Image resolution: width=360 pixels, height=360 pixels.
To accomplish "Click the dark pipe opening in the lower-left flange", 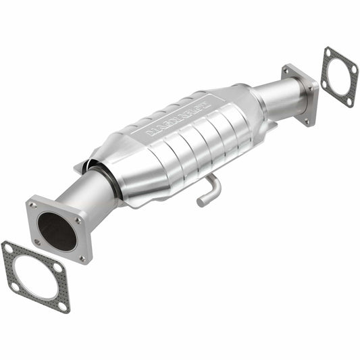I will (x=57, y=231).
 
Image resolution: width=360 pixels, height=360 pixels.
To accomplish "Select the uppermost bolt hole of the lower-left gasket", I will (x=7, y=249).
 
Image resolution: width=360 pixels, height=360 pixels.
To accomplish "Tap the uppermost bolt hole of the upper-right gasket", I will (x=329, y=53).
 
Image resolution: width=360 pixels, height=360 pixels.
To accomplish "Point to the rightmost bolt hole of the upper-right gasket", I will (x=353, y=70).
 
